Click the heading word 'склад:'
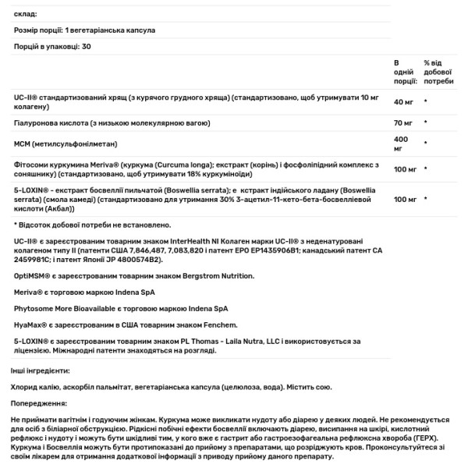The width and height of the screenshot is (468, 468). coord(26,14)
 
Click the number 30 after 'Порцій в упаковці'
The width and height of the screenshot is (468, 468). coord(87,47)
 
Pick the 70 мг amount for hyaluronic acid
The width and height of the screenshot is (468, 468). coord(402,123)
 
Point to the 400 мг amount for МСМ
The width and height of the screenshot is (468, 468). coord(401,144)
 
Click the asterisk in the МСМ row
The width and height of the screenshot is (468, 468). coord(425,144)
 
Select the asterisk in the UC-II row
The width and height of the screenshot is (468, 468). coord(425,102)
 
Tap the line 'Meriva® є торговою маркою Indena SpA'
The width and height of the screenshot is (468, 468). coord(84,292)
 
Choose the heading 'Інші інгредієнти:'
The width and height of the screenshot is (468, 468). coord(41,371)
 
